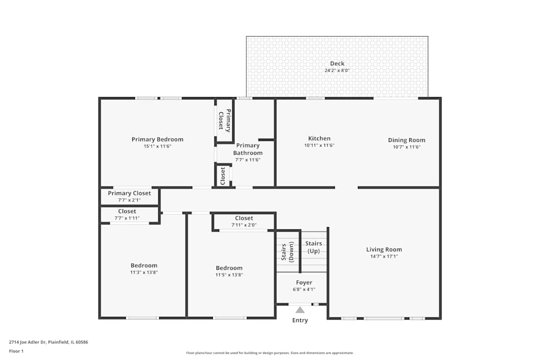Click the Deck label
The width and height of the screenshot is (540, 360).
point(337,64)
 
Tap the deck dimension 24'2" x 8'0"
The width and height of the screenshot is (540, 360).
point(337,71)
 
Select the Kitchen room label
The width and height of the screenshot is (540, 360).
point(319,139)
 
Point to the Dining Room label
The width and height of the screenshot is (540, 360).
point(407,140)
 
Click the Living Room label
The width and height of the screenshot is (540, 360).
point(384,249)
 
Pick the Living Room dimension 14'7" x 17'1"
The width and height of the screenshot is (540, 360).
point(384,256)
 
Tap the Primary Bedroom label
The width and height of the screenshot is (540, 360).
point(157,139)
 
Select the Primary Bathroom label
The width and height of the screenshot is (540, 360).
point(248,149)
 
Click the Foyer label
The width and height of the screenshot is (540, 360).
point(304,282)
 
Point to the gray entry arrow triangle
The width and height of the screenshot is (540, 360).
point(300,310)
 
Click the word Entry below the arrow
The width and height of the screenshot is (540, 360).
point(300,321)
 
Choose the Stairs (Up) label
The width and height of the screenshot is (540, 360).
point(314,248)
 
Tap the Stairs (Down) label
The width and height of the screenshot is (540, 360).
point(287,252)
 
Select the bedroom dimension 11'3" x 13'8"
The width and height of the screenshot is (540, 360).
point(144,273)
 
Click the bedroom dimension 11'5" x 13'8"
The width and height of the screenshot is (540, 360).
point(229,275)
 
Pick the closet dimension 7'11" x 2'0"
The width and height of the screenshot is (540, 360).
point(244,225)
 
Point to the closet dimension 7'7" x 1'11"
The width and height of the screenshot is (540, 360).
point(127,218)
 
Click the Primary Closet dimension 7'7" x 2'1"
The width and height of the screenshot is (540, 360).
point(129,200)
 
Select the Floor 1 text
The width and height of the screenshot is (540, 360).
point(17,351)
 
